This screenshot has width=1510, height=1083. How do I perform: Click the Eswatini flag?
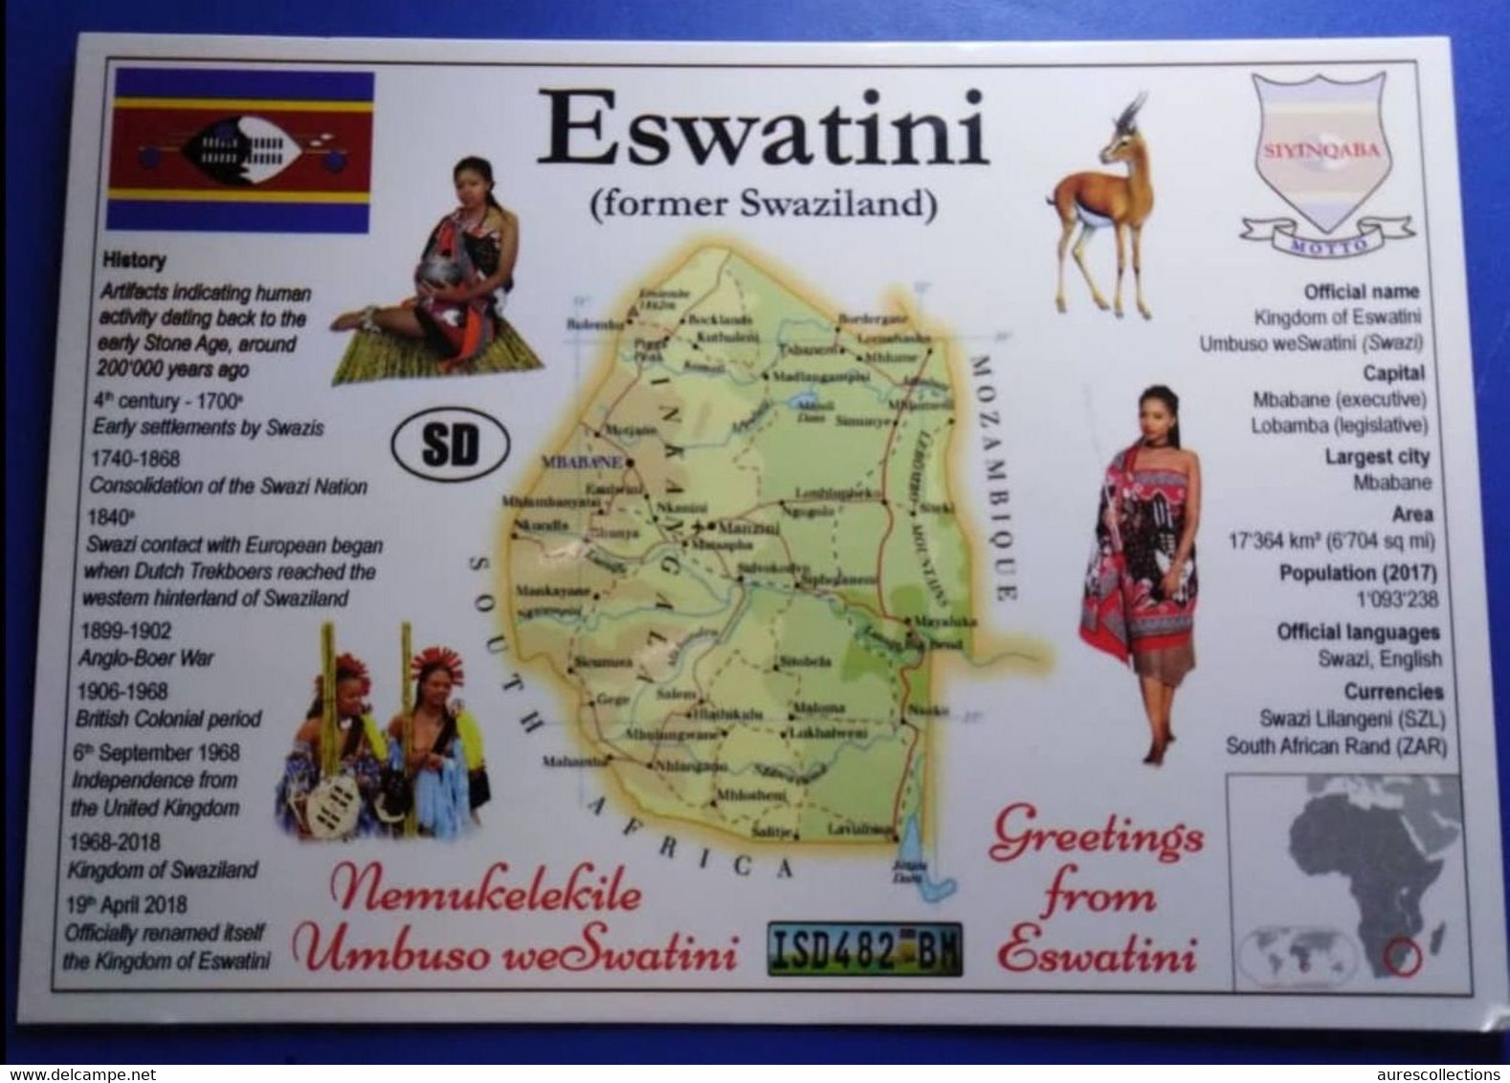[240, 150]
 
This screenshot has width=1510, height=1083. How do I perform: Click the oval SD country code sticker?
[449, 445]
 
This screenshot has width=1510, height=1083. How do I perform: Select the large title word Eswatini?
[762, 132]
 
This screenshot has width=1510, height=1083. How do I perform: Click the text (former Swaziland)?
[762, 204]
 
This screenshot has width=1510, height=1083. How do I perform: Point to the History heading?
[134, 260]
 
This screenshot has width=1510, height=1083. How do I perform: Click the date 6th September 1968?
[156, 753]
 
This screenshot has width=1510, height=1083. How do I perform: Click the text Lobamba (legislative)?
[1339, 426]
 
